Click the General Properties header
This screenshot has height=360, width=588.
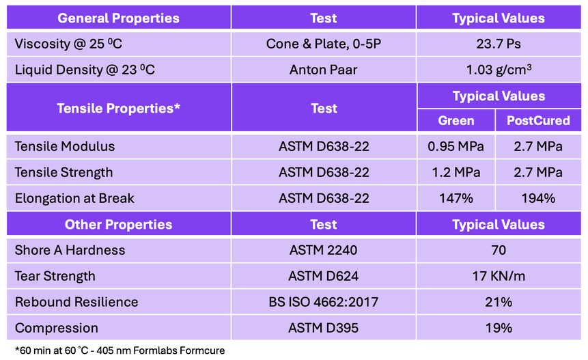click(x=119, y=18)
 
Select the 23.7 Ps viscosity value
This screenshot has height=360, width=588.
click(x=499, y=44)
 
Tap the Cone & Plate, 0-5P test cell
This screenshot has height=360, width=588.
click(x=324, y=44)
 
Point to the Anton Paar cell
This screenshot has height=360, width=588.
click(x=323, y=70)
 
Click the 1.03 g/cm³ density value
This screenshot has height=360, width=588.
click(x=499, y=70)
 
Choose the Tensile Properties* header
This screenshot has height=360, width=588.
click(x=119, y=109)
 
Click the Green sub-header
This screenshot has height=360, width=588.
click(x=456, y=121)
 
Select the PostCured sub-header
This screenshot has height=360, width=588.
click(x=538, y=121)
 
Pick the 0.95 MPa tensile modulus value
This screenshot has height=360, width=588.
click(x=456, y=146)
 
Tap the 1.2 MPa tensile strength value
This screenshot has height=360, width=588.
click(x=456, y=172)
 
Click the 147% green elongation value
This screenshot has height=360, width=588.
click(x=456, y=198)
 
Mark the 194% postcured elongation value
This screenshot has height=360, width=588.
click(x=538, y=198)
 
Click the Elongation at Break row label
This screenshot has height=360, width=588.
click(x=74, y=198)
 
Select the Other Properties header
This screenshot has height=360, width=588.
click(x=119, y=224)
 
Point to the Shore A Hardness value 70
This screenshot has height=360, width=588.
click(x=499, y=250)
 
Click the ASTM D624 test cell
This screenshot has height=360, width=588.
click(x=323, y=276)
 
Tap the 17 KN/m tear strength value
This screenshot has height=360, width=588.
click(x=499, y=276)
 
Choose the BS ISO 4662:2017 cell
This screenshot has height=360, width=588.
click(x=324, y=302)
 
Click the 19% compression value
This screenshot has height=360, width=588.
click(x=499, y=328)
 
